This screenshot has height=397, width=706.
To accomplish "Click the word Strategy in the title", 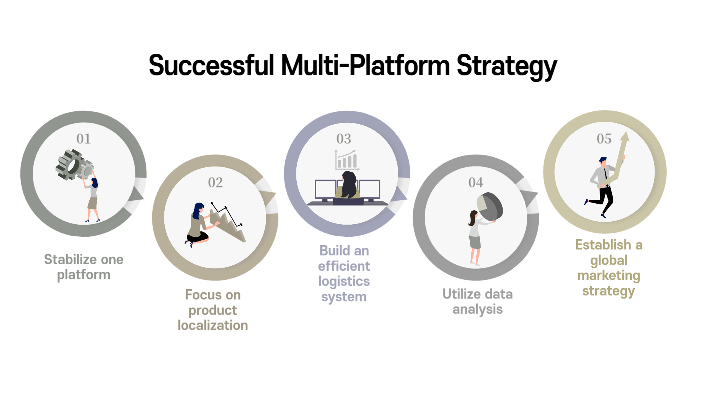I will (x=506, y=66).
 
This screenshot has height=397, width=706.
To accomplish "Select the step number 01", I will (x=83, y=139).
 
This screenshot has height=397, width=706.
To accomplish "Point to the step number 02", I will (x=215, y=182).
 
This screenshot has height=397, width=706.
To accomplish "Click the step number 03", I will (x=344, y=139).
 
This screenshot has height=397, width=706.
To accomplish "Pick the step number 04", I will (x=476, y=182).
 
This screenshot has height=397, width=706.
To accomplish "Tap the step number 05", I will (x=604, y=139).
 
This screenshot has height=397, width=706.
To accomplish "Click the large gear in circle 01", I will (x=70, y=164).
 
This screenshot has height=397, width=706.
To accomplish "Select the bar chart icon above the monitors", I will (x=346, y=160).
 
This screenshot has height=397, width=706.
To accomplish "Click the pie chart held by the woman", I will (x=490, y=207).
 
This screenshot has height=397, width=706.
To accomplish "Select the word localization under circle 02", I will (x=213, y=325).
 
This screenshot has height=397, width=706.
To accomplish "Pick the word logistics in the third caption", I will (x=344, y=282).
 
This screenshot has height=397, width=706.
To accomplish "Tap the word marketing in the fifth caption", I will (x=609, y=276).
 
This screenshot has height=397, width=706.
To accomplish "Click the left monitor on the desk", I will (x=325, y=189).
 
